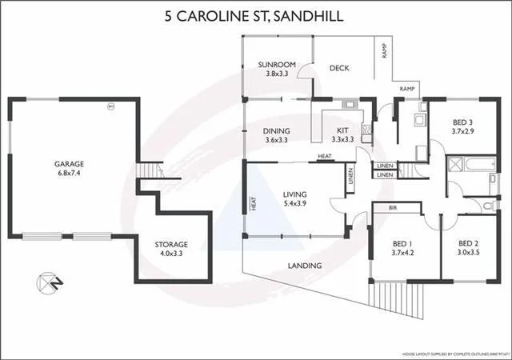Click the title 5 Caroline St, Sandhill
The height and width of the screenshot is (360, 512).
coord(255,15)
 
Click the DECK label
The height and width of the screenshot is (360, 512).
coord(340,68)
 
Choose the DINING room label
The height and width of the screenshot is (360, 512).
coord(276,131)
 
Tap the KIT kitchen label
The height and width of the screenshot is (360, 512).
coord(342,130)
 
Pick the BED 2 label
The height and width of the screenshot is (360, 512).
coord(468,243)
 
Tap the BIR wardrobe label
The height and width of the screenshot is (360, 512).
coord(393,207)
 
